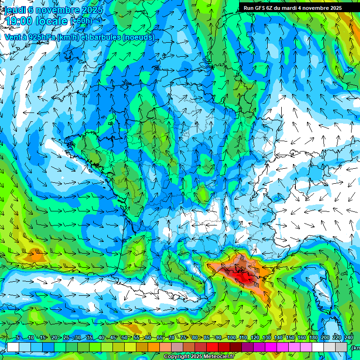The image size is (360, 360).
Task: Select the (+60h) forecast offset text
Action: coord(81,21)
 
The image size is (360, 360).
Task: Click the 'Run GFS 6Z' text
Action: coord(258,8)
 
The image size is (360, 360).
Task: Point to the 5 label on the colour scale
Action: coord(18,338)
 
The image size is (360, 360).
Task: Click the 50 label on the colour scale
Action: coord(124,338)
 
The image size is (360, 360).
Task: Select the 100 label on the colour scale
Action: coord(231,338)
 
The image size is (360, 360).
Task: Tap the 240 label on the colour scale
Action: coord(348,338)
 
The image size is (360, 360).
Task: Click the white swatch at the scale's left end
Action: coord(13,347)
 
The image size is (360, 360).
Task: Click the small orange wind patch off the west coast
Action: coord(35,256)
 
